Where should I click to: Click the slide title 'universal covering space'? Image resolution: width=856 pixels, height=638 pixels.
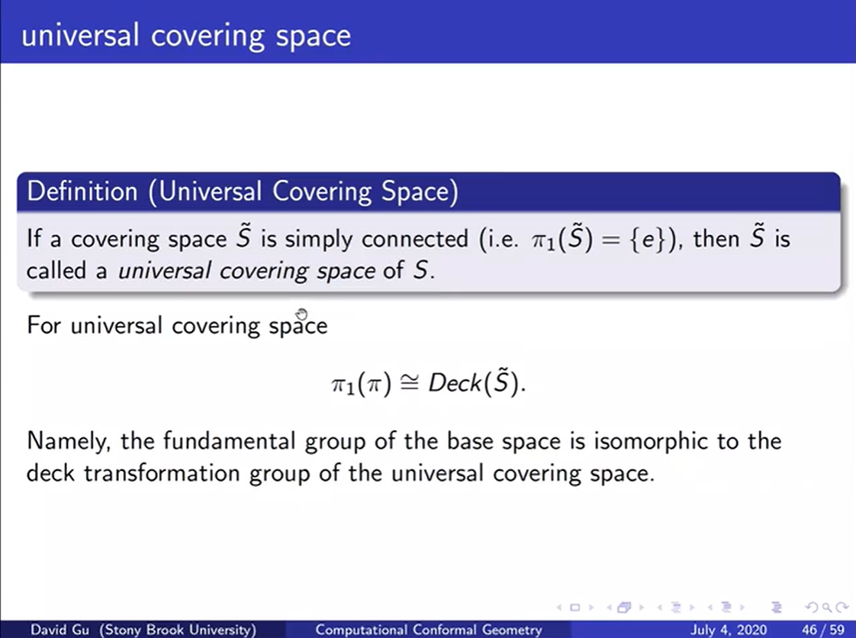click(186, 36)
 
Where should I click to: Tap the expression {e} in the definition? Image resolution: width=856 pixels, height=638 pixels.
click(642, 239)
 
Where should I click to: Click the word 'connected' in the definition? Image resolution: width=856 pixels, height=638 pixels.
click(414, 239)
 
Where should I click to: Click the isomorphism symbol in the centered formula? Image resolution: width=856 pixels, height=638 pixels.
click(410, 384)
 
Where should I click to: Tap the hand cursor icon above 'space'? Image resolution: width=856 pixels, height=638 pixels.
click(301, 314)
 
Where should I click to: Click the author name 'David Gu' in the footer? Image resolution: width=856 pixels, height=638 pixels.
click(56, 630)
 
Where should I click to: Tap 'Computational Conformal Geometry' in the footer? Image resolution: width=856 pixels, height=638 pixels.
click(429, 630)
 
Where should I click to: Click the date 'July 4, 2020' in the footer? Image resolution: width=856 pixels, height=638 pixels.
click(729, 630)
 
